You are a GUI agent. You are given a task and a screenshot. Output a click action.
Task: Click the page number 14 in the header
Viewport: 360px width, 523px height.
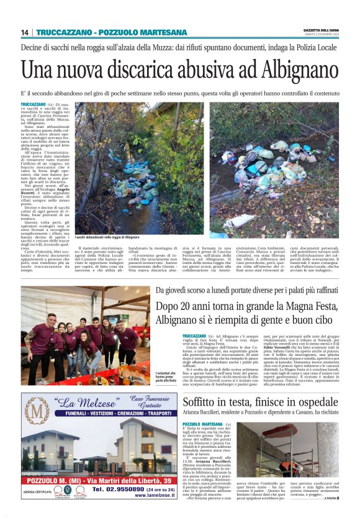click(25, 32)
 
